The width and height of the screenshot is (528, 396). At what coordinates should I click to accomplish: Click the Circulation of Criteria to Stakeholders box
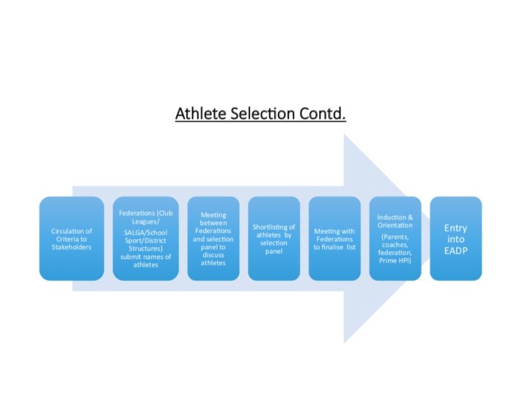pyautogui.click(x=71, y=238)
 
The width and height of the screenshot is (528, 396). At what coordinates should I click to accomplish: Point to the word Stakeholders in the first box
pyautogui.click(x=71, y=248)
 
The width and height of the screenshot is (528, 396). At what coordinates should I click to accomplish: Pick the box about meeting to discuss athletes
pyautogui.click(x=213, y=238)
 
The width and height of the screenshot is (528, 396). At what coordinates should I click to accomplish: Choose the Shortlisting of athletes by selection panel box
pyautogui.click(x=274, y=238)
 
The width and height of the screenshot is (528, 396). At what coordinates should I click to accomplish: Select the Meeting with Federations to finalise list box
pyautogui.click(x=334, y=238)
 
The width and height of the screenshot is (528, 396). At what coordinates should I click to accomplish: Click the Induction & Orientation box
pyautogui.click(x=395, y=238)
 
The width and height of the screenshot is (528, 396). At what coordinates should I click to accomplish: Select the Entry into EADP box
pyautogui.click(x=455, y=238)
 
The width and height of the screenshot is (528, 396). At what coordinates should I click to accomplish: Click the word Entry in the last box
pyautogui.click(x=455, y=227)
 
